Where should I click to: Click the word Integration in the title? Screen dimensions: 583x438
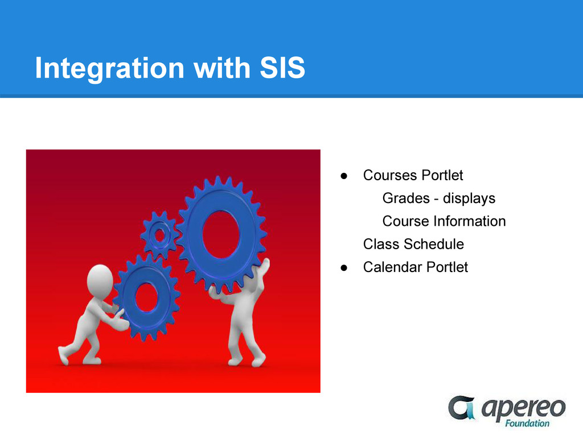tap(110, 68)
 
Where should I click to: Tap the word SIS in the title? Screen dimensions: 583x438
tap(282, 68)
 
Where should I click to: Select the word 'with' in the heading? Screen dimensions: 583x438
tap(222, 68)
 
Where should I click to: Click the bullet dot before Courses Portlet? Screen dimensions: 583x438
tap(344, 176)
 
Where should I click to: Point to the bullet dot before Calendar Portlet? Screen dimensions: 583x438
tap(344, 268)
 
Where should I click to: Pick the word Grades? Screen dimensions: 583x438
tap(406, 198)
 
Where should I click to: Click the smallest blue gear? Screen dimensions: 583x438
tap(160, 235)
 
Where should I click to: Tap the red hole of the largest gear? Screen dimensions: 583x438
tap(221, 234)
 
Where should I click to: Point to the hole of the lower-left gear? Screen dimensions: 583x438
tap(146, 297)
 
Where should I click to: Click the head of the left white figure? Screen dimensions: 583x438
tap(100, 281)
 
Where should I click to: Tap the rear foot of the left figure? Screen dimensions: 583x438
tap(64, 356)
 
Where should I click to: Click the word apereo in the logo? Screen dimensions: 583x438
tap(524, 408)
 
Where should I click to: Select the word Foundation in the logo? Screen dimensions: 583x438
tap(527, 424)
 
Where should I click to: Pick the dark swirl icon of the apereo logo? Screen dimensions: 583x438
tap(462, 407)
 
